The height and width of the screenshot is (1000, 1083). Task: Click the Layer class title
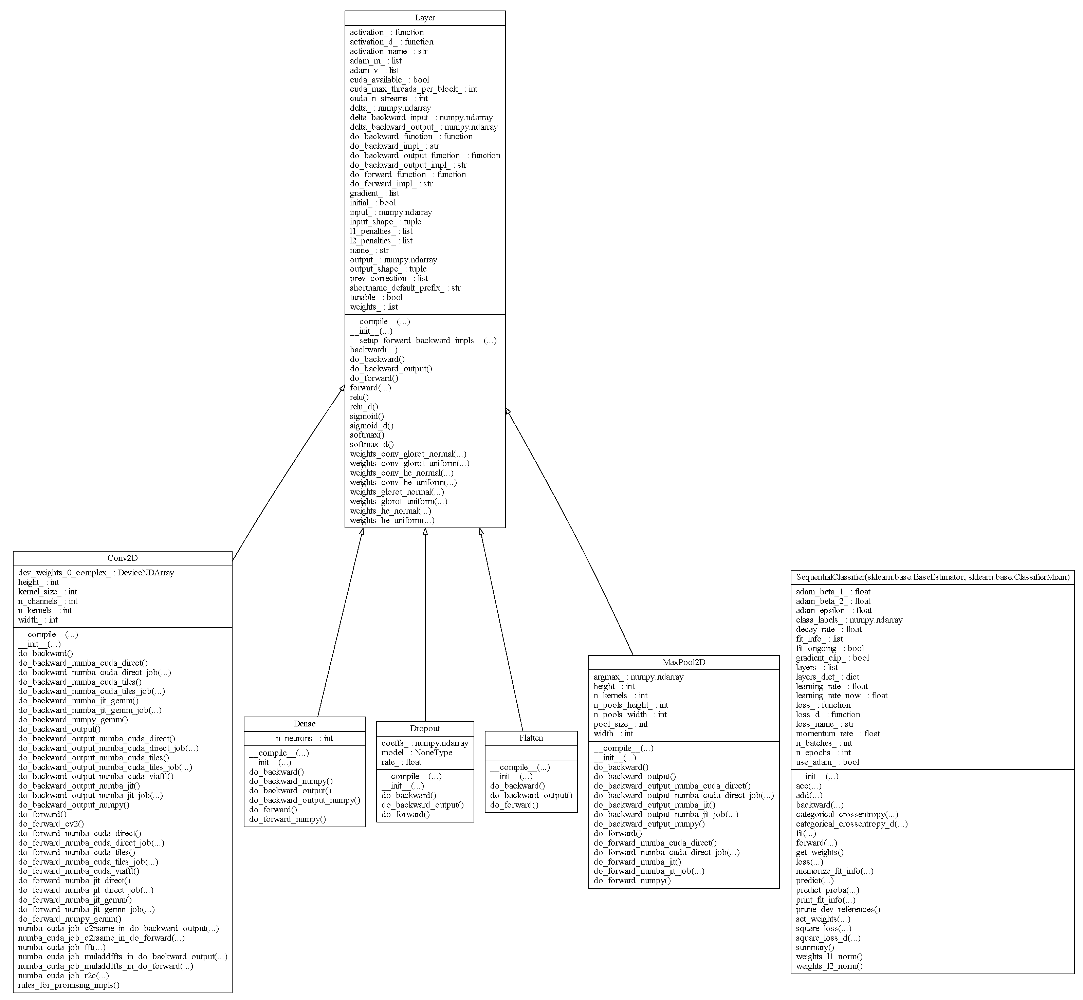(x=425, y=18)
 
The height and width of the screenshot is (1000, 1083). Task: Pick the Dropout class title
(x=425, y=728)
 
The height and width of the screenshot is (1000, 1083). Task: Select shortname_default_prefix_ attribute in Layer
(x=405, y=288)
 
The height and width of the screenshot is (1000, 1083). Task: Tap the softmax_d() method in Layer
(x=372, y=444)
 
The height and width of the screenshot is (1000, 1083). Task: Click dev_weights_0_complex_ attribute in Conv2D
(x=96, y=573)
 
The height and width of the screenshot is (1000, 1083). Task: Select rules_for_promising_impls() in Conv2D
(x=69, y=985)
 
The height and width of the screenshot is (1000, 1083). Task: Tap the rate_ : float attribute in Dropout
(x=401, y=762)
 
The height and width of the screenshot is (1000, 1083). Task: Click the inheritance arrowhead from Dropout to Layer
(x=425, y=532)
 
